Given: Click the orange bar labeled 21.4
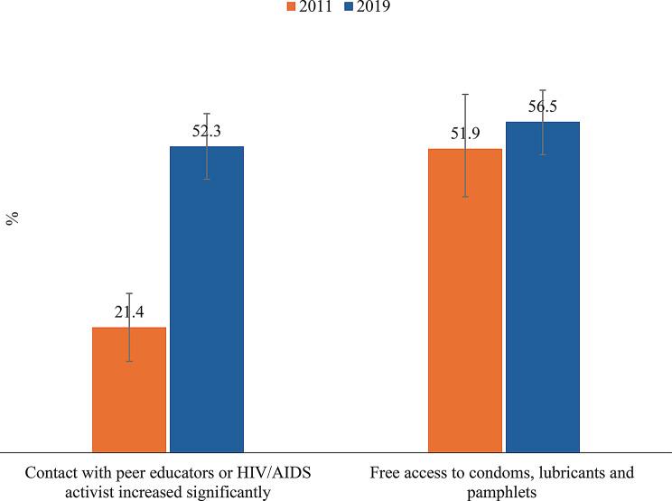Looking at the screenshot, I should point(129,388).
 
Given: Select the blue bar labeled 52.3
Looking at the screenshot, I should point(207,298).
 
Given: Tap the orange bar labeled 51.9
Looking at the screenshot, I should point(464,299).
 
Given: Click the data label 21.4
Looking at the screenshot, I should point(130,312).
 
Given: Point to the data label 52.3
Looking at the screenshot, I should point(207,132).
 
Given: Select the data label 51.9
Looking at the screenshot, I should point(465,135).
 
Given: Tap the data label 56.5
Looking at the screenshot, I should point(542,107).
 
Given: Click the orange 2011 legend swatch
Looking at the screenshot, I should point(291,6).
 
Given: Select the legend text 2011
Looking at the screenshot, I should point(315,6).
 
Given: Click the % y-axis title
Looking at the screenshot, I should point(14,219).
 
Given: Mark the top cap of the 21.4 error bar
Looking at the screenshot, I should point(129,293).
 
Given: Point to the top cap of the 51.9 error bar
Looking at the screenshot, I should point(464,94).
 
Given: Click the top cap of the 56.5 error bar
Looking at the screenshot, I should point(542,90).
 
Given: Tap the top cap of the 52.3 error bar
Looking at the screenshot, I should point(207,114).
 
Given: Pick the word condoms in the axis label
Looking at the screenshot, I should point(519,473).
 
